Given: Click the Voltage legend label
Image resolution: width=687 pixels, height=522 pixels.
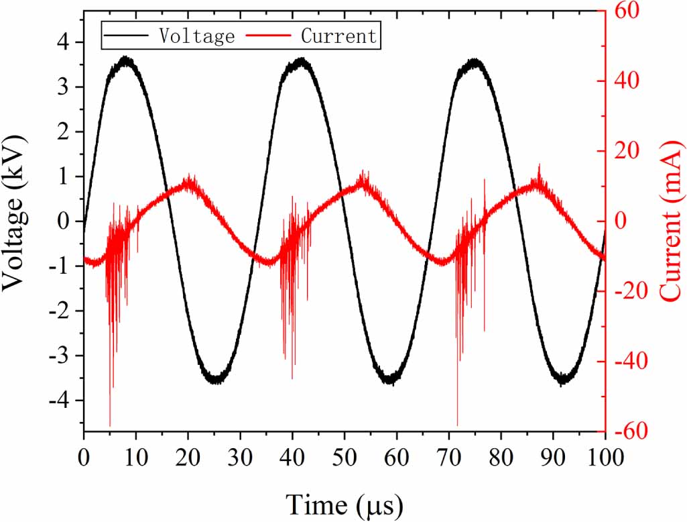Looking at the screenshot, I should [196, 36].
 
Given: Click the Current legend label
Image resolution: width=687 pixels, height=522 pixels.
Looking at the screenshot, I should [338, 36].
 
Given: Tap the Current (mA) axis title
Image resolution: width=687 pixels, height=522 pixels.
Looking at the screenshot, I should [671, 221].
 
